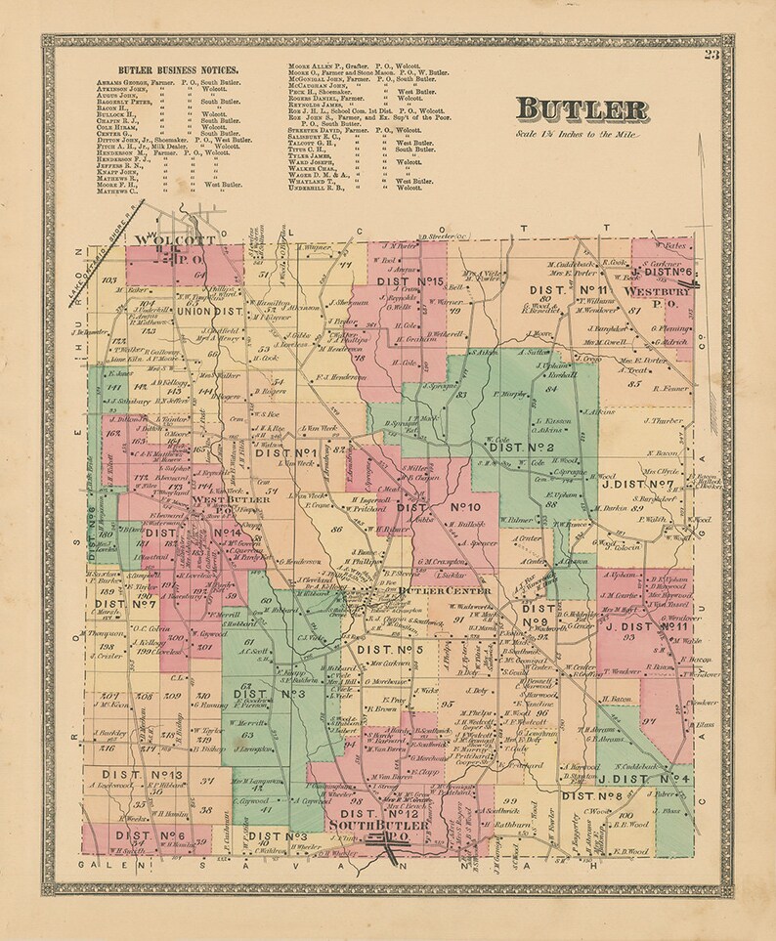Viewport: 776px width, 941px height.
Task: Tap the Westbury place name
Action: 660,289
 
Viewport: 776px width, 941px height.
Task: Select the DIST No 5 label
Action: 389,649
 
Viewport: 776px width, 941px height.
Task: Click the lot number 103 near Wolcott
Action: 108,278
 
